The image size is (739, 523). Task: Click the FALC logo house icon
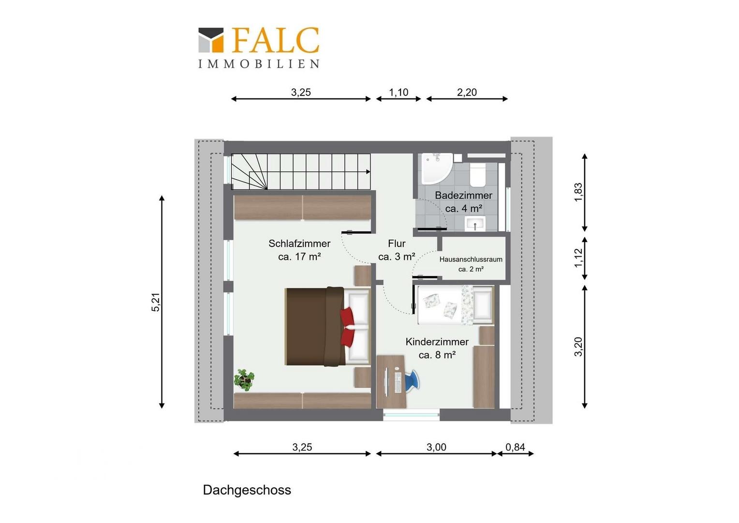[x=211, y=40]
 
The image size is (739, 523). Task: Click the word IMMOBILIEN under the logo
[x=259, y=64]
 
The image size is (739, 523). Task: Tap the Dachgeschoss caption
[x=247, y=490]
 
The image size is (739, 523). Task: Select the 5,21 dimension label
[x=156, y=302]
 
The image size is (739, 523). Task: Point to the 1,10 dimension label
[x=399, y=92]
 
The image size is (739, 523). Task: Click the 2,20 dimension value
[x=467, y=92]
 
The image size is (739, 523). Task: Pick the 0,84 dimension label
[x=516, y=447]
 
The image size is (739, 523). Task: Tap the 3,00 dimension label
[x=436, y=447]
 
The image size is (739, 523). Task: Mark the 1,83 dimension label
[x=578, y=192]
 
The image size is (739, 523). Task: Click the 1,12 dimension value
[x=578, y=258]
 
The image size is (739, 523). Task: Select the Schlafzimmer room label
[x=299, y=244]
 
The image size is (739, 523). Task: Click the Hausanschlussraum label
[x=471, y=260]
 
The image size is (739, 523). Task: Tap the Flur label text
[x=397, y=244]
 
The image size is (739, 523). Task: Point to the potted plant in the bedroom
[x=244, y=380]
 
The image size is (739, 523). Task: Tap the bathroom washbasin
[x=475, y=223]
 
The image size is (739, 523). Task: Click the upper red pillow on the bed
[x=347, y=317]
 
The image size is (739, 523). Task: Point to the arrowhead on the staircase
[x=368, y=172]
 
